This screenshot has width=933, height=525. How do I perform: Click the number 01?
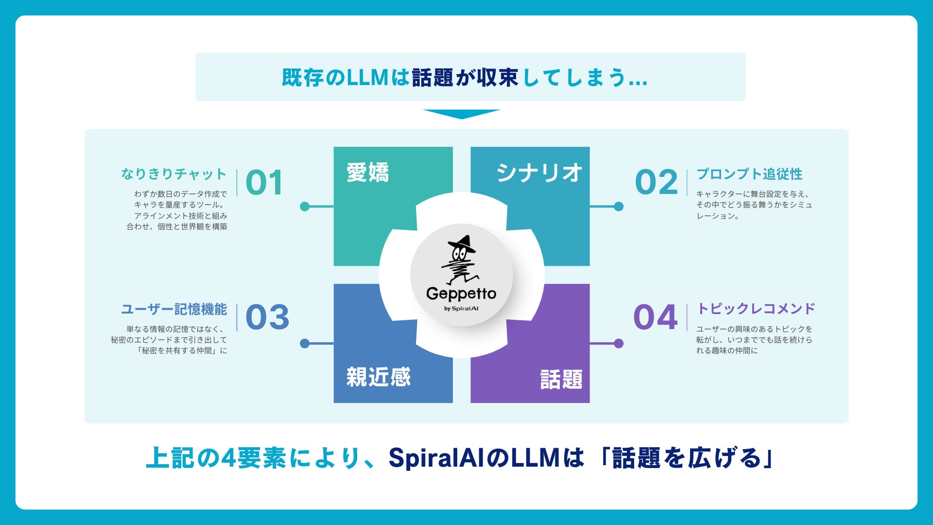[264, 183]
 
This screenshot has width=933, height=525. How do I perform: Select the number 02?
[656, 183]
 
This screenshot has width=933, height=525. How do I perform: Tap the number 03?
[267, 317]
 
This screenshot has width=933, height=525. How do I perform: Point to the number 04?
[655, 317]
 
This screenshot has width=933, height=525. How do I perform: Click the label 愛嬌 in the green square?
[367, 173]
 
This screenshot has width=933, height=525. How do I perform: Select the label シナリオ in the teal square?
[539, 173]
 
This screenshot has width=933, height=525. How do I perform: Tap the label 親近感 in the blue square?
[378, 377]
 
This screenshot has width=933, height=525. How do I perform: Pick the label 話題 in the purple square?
[561, 379]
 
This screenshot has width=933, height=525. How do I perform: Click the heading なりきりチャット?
[173, 174]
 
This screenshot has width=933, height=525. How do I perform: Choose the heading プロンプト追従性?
[749, 174]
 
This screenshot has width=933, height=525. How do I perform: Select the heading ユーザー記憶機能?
[173, 309]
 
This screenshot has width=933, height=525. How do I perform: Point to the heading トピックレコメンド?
[756, 309]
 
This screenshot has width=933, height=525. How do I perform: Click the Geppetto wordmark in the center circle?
[461, 294]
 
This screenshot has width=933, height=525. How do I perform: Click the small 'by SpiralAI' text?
[461, 309]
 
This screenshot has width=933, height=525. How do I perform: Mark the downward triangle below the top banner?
[461, 114]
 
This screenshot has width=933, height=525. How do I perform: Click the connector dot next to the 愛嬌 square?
[305, 207]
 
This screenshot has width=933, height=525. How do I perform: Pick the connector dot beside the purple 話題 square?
[619, 344]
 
